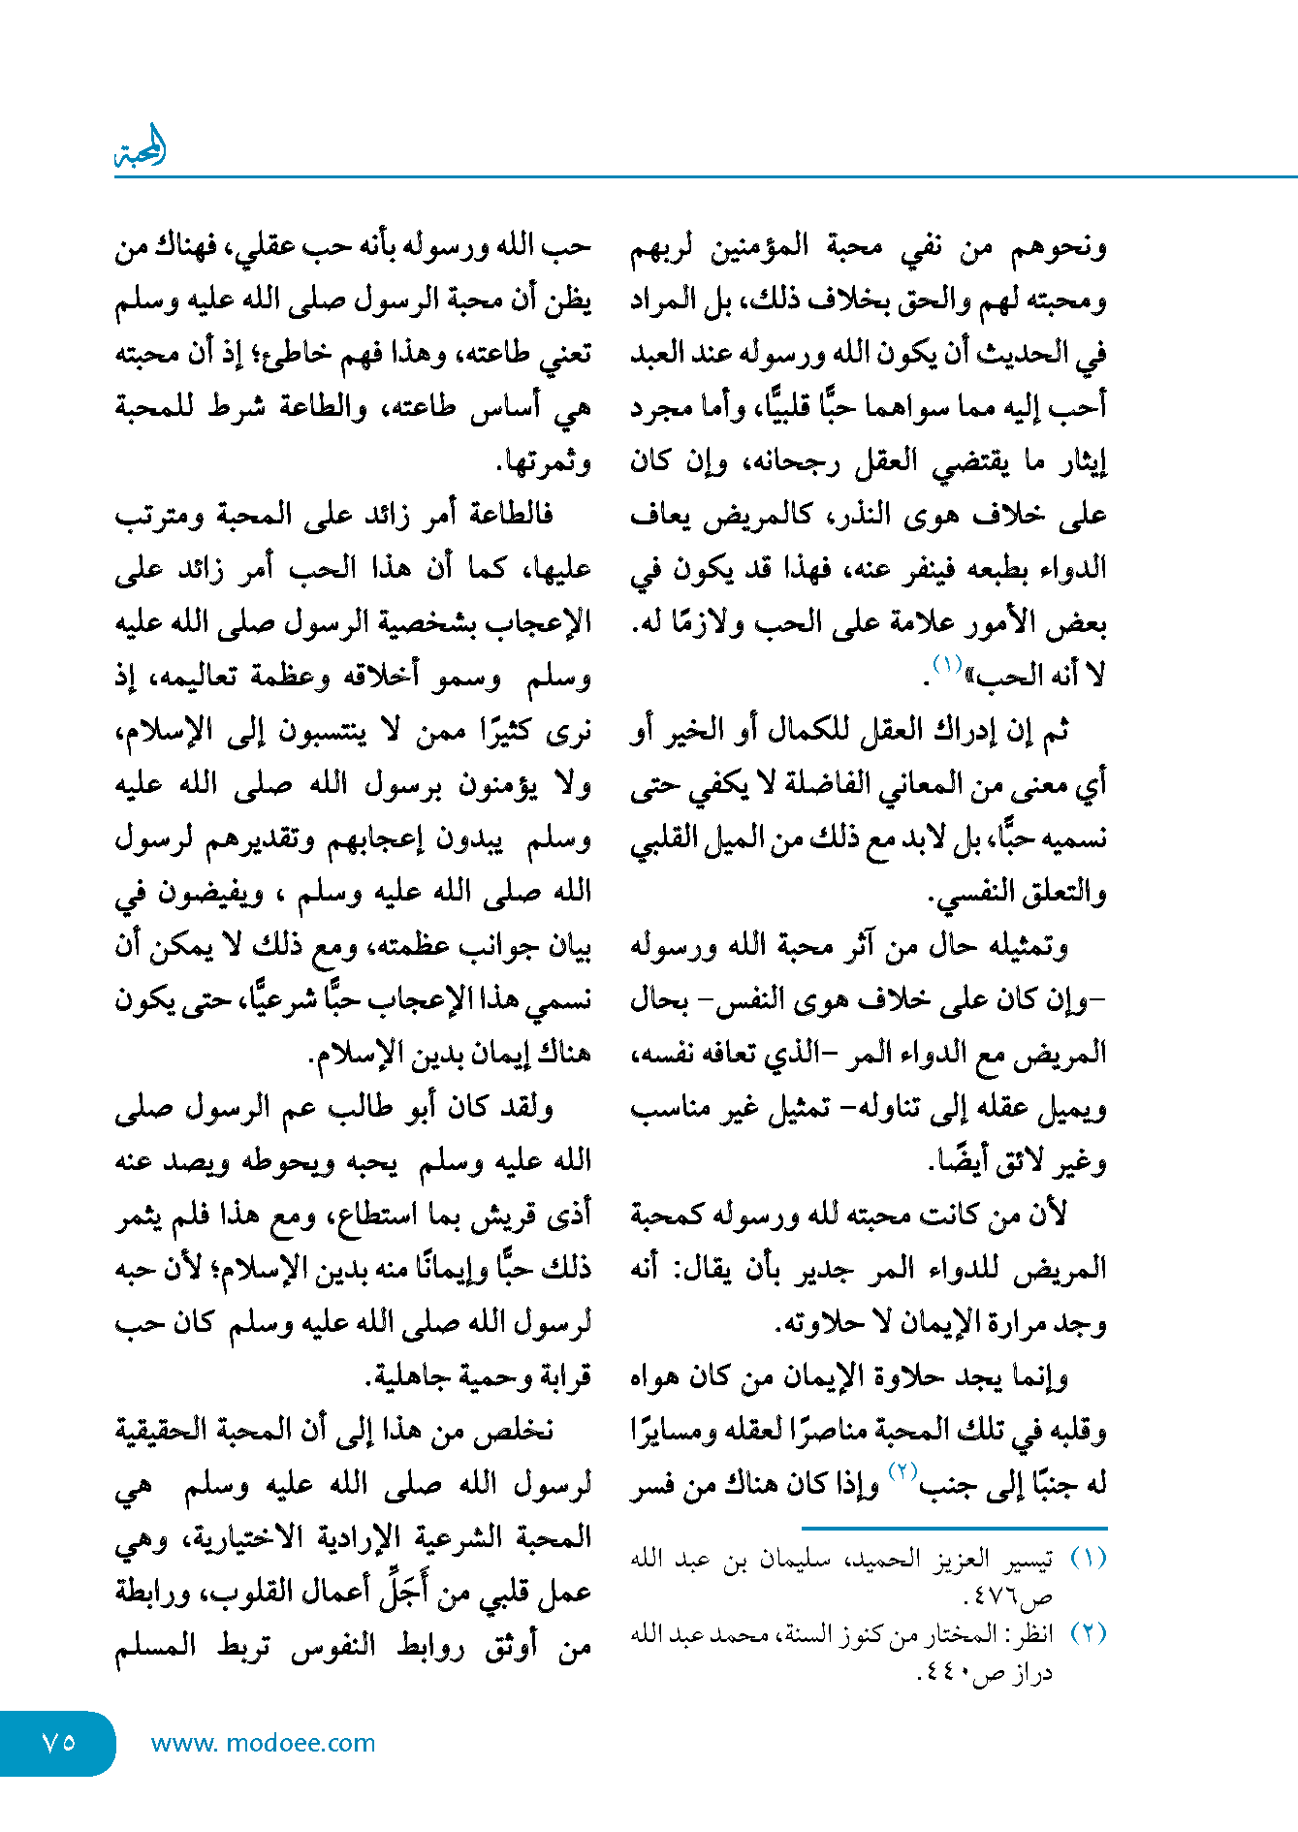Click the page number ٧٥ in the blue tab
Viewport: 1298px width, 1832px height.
click(x=59, y=1742)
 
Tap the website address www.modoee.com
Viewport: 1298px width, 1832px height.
click(x=263, y=1743)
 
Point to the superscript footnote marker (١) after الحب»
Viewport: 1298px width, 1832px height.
click(x=946, y=664)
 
